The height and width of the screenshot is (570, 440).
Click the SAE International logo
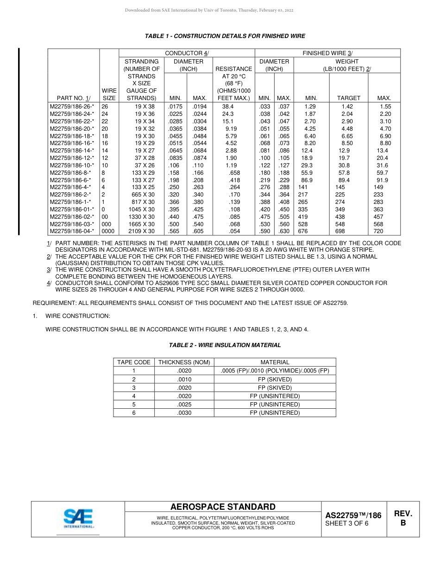point(78,518)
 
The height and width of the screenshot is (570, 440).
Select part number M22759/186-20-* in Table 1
point(72,129)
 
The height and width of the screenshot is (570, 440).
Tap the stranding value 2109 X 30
point(142,231)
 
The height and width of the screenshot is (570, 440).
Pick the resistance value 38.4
point(228,107)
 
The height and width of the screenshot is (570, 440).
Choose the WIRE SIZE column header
point(109,95)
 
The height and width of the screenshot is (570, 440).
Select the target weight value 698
point(340,231)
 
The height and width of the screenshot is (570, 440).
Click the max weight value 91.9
point(382,180)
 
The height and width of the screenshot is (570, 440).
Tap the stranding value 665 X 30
point(143,195)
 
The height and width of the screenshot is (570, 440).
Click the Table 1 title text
point(225,36)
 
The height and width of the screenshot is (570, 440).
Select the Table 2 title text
point(225,345)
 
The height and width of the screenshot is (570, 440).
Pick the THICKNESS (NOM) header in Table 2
point(184,362)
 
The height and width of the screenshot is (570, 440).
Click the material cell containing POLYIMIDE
point(275,371)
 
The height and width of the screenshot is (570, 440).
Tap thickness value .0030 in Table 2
point(184,412)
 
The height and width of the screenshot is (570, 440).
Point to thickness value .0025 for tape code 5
point(184,404)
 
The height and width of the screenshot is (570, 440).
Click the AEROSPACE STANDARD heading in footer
point(223,507)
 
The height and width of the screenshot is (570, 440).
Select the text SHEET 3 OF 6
point(347,524)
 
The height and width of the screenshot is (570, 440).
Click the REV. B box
point(402,519)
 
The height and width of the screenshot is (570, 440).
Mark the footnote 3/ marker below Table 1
point(49,270)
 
